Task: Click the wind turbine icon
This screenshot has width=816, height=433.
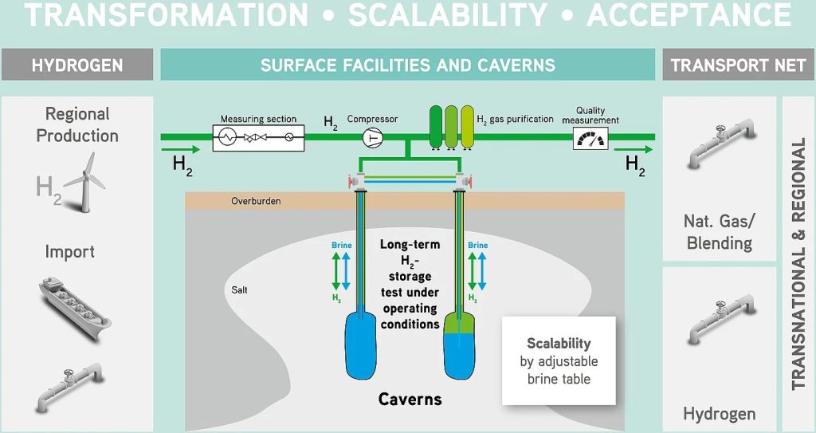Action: (x=84, y=177)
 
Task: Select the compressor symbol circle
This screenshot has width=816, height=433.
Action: (x=372, y=138)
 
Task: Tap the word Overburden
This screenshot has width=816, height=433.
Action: (x=256, y=201)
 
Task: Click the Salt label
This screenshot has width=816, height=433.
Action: (x=239, y=290)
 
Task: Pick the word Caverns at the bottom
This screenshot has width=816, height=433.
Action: (x=410, y=398)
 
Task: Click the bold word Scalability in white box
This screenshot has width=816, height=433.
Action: (x=559, y=344)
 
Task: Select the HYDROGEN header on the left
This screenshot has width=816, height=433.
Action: (x=77, y=65)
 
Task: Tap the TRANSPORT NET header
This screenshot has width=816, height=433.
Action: (x=739, y=65)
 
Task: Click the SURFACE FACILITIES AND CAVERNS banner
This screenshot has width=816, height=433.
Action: (x=408, y=65)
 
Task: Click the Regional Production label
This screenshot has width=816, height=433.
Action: (x=77, y=124)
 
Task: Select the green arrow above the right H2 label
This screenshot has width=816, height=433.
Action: (x=635, y=149)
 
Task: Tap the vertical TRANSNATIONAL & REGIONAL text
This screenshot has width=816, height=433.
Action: (x=798, y=263)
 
